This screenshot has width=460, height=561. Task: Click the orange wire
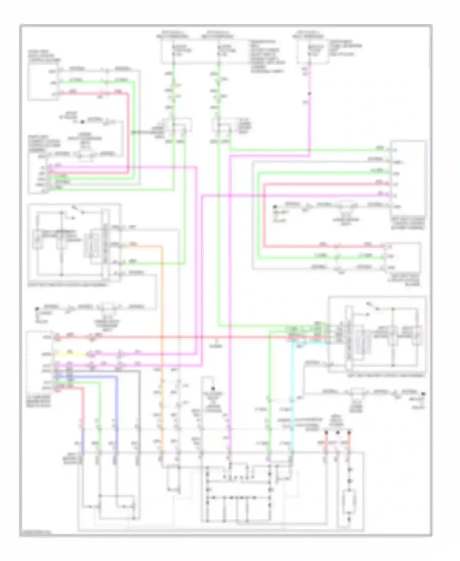click(162, 307)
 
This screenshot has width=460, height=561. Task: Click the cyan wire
click(292, 384)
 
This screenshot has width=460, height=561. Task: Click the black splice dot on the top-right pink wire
click(309, 94)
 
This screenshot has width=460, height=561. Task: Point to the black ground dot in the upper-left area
click(82, 122)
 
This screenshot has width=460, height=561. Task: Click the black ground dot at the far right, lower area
click(423, 394)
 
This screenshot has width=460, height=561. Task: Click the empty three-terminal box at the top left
click(43, 83)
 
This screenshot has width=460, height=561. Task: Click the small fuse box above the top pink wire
click(313, 51)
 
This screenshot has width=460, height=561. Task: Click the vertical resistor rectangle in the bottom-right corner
click(349, 502)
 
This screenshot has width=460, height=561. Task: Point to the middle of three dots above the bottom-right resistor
click(338, 432)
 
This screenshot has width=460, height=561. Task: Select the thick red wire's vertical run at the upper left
click(128, 132)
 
